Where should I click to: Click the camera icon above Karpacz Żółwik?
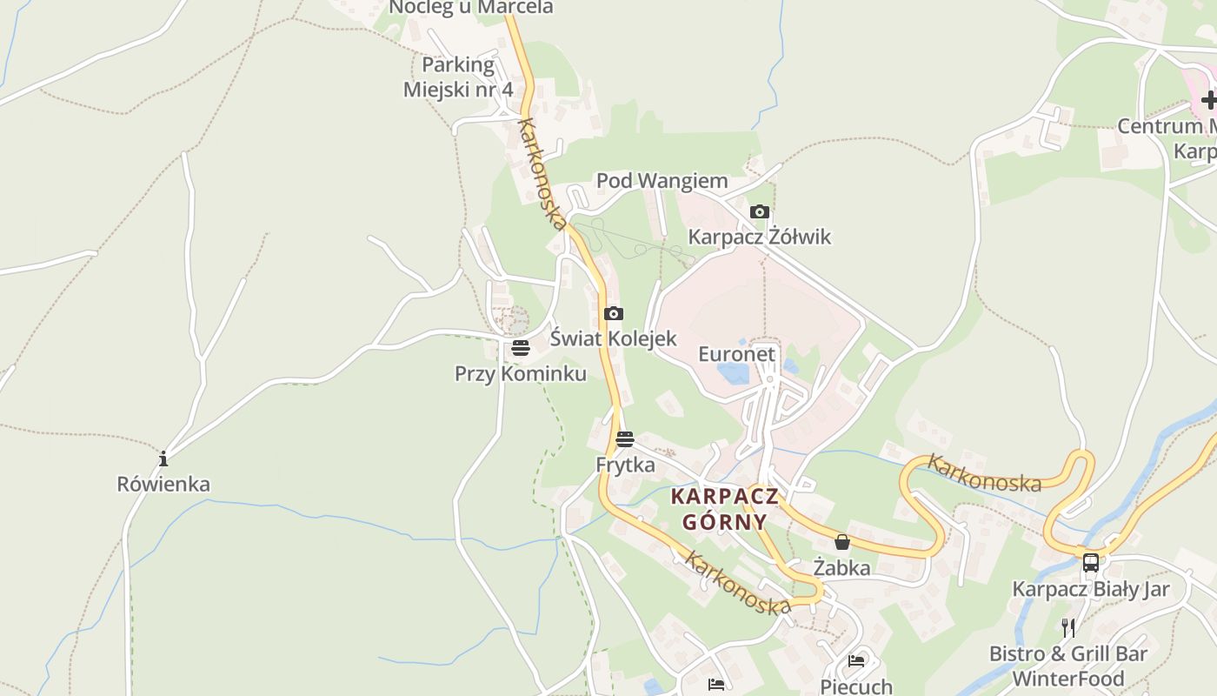click(759, 211)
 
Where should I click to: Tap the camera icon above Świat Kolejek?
click(613, 314)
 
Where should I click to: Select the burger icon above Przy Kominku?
click(520, 349)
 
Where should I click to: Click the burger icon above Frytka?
click(624, 439)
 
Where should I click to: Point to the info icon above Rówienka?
click(163, 458)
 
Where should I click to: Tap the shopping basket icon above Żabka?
click(841, 542)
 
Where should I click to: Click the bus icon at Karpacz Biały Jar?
click(1090, 562)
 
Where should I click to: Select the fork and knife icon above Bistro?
click(1068, 627)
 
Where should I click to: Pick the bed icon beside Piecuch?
click(856, 661)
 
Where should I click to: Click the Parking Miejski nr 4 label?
click(458, 77)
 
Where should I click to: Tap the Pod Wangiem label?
click(662, 181)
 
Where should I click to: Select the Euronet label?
click(736, 354)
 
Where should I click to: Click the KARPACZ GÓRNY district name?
click(724, 509)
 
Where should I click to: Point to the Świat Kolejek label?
click(613, 338)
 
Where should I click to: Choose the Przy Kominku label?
click(520, 374)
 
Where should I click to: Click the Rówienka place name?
click(163, 484)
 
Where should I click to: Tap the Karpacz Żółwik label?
click(759, 237)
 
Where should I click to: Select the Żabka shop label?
click(841, 568)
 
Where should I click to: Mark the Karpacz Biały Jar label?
click(1090, 589)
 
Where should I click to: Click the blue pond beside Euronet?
click(734, 374)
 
